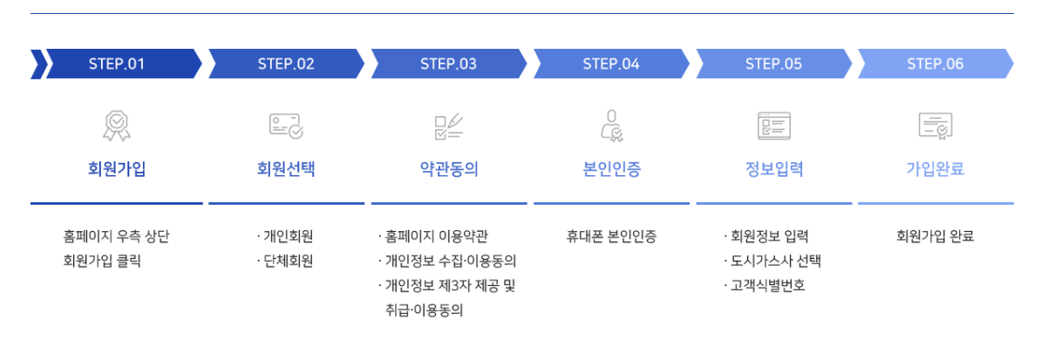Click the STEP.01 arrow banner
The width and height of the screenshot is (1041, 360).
[x=117, y=64]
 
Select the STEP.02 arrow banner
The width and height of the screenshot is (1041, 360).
[x=286, y=64]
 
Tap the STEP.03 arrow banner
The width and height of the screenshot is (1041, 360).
[x=448, y=64]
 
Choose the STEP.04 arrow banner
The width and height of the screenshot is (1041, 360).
[x=611, y=64]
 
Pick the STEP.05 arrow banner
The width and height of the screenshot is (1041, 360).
[x=773, y=64]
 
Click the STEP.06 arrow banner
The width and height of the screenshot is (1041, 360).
[x=935, y=64]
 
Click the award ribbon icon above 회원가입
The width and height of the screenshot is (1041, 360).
[x=117, y=126]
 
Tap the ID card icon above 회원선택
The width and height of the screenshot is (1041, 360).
[x=286, y=126]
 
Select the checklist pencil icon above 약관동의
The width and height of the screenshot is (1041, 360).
[x=448, y=126]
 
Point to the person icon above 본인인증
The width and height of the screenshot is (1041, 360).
[x=611, y=126]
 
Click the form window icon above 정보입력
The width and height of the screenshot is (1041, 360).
[x=773, y=126]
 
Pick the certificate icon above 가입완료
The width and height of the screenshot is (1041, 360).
[x=935, y=126]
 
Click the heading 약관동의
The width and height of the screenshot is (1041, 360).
[x=449, y=169]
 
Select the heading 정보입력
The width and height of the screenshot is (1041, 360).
[x=773, y=169]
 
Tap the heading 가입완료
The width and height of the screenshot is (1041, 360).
[x=935, y=169]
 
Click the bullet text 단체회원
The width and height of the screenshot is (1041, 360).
[x=289, y=261]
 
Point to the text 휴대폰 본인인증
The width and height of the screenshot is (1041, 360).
[x=611, y=236]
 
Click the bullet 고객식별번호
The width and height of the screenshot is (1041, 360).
[x=767, y=285]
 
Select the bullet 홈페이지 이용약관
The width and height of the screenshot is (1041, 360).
[x=436, y=236]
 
